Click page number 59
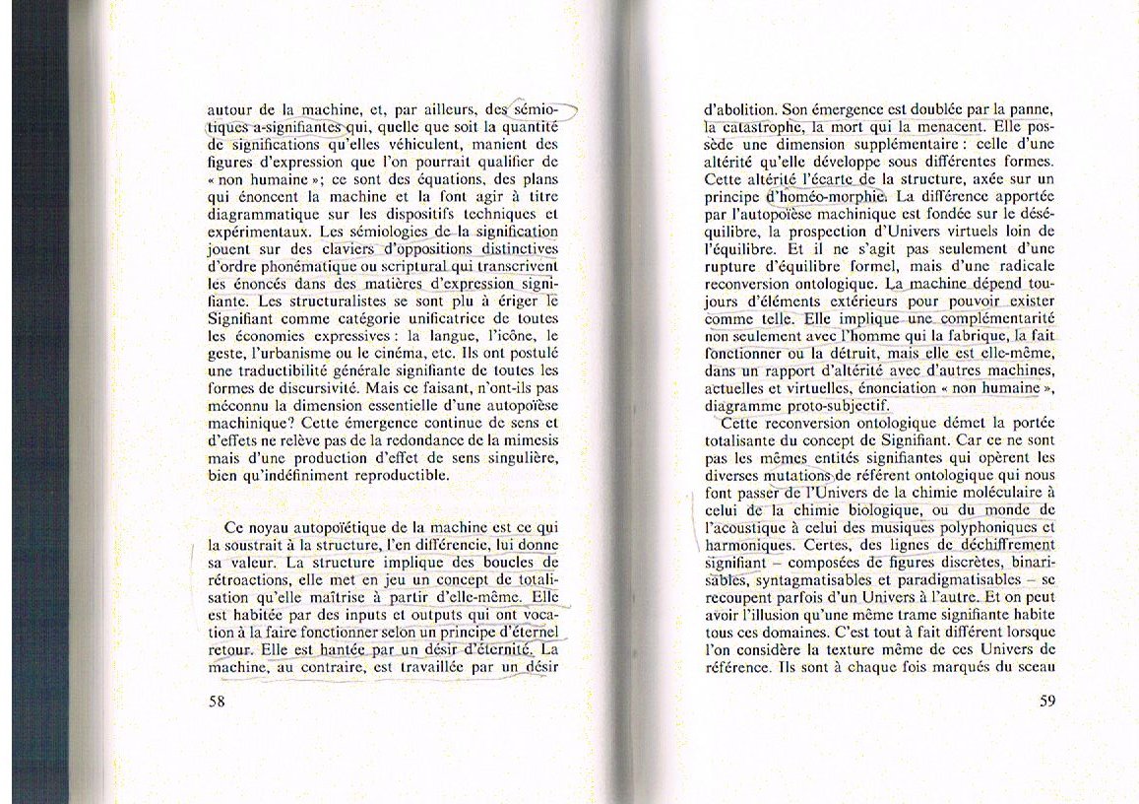[x=1047, y=702]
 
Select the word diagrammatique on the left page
[x=265, y=212]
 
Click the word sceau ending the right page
[x=1034, y=667]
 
